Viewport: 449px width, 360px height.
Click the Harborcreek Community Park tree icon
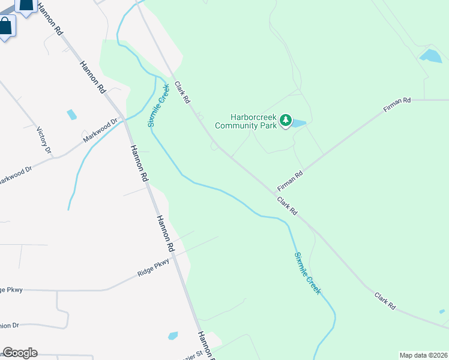point(286,121)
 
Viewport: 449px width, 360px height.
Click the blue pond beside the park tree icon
point(299,124)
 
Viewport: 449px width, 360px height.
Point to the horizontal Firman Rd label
point(397,106)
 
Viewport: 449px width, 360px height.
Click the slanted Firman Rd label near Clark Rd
point(291,181)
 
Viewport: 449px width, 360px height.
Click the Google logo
point(20,353)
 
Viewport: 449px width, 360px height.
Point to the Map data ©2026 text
point(423,355)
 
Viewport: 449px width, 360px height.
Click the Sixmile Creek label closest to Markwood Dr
point(158,105)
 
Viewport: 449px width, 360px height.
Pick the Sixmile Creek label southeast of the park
point(307,273)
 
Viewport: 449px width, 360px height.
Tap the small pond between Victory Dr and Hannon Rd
point(72,114)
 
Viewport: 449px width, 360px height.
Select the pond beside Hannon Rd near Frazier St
point(173,335)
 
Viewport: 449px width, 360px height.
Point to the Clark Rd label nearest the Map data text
point(385,301)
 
